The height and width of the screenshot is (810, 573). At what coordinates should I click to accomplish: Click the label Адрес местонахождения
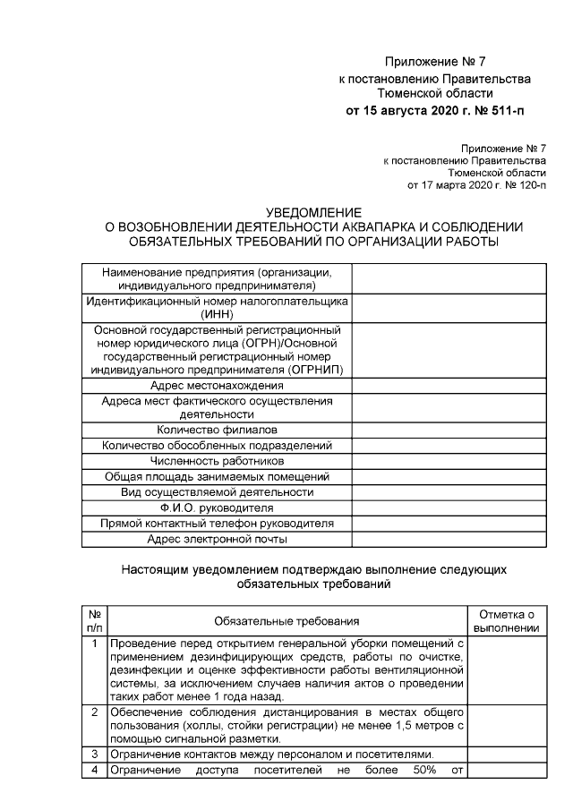tap(217, 385)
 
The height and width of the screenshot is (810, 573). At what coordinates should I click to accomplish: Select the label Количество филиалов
tap(217, 429)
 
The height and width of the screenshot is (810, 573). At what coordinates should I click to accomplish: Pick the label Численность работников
tap(217, 460)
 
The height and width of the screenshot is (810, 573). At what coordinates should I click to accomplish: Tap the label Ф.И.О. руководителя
tap(217, 507)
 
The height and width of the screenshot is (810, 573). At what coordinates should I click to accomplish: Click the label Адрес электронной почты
tap(217, 539)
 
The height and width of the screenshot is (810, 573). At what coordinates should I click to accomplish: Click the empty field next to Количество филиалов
tap(448, 429)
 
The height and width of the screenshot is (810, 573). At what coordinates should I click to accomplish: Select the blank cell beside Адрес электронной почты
tap(448, 539)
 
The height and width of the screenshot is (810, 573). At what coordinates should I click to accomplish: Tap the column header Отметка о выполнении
tap(507, 620)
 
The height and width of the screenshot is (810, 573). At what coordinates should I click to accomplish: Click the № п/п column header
tap(94, 620)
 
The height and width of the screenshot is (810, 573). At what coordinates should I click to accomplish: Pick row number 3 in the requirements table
tap(94, 755)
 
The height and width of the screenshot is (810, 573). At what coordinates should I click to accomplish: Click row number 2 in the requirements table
tap(94, 712)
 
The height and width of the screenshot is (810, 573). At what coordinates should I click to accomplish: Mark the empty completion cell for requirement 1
tap(507, 669)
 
